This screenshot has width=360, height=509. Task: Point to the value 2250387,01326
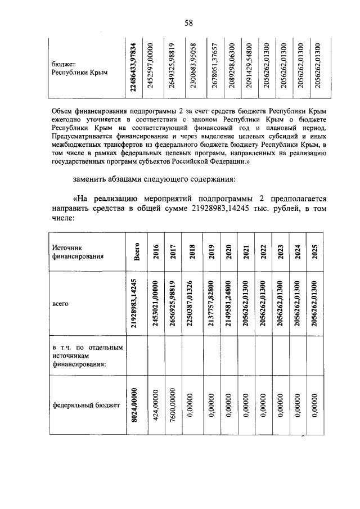point(191,303)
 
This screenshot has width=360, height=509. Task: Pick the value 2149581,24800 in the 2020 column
point(228,303)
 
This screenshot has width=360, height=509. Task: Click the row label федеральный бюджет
point(83,404)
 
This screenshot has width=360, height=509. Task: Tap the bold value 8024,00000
point(135,404)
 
